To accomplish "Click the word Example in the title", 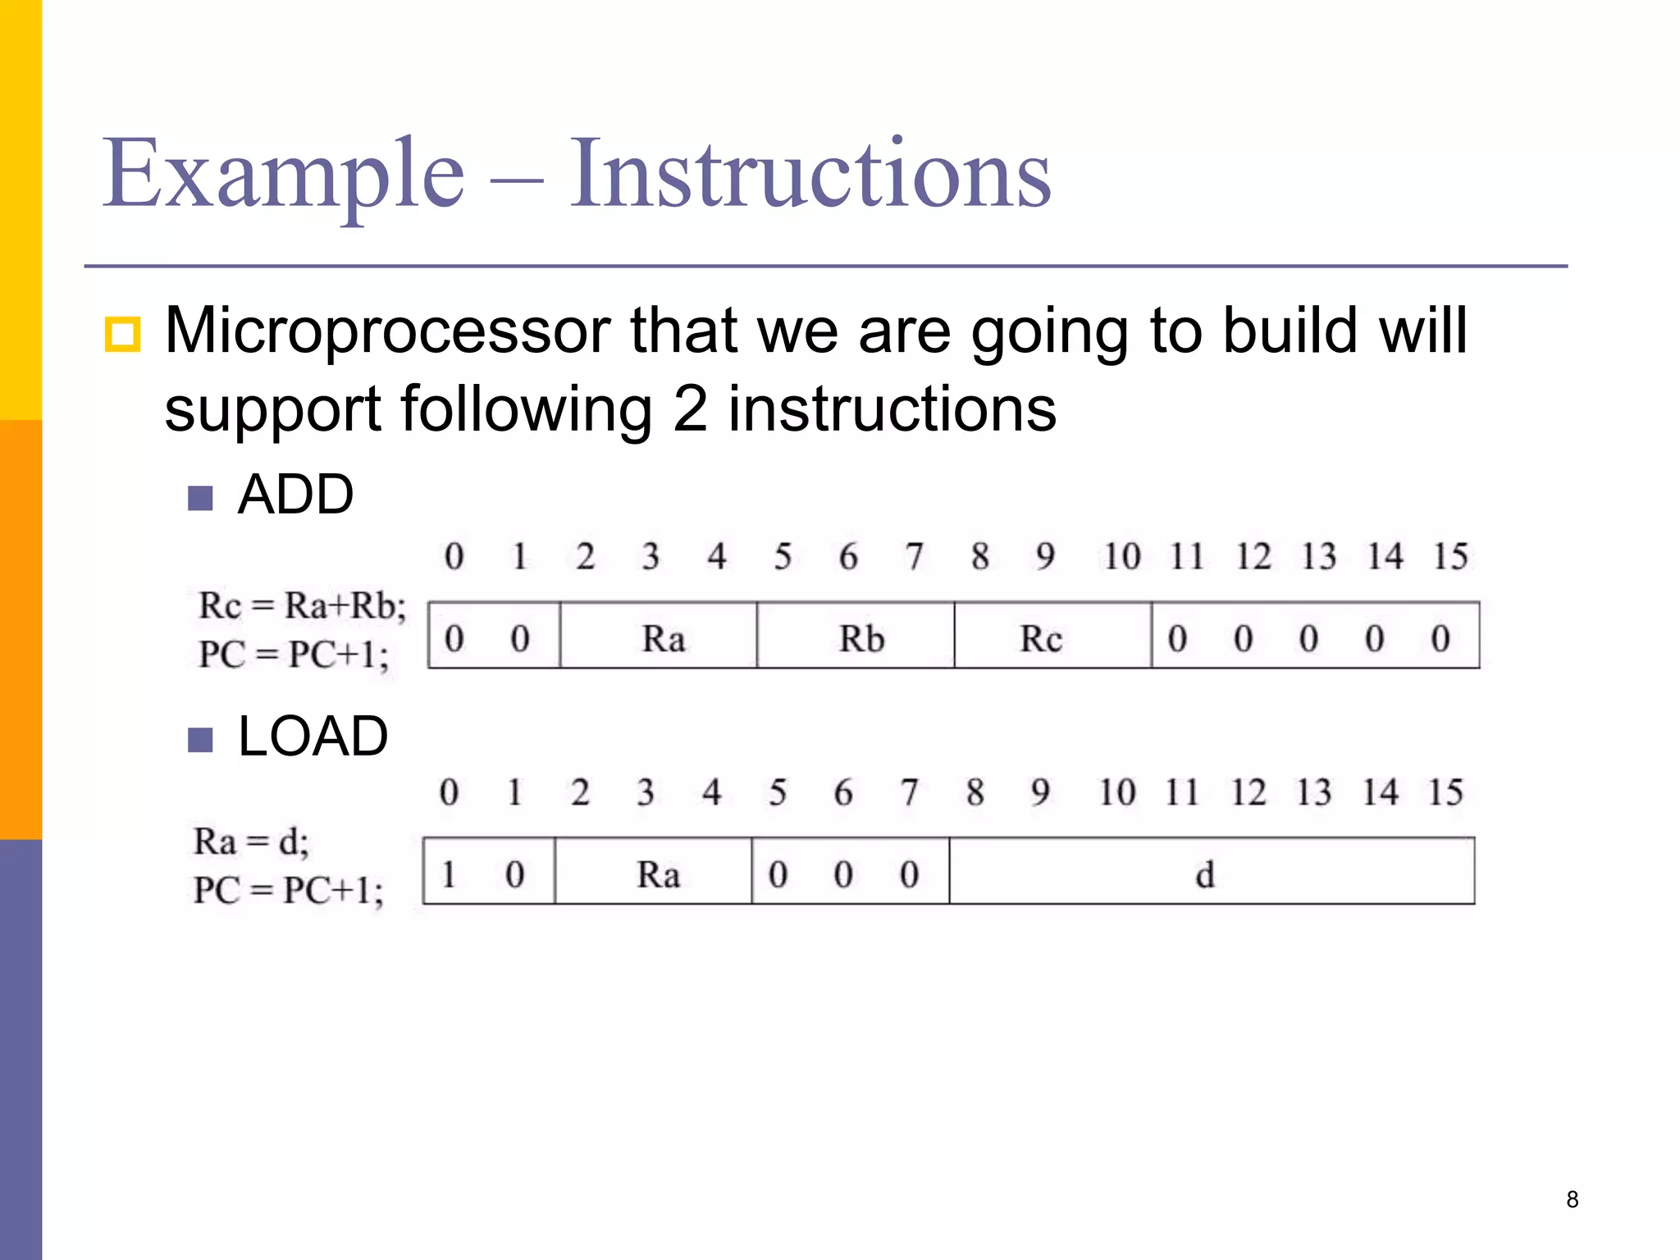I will pyautogui.click(x=283, y=174).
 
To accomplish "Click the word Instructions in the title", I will pyautogui.click(x=810, y=174).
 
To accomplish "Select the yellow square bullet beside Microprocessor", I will pyautogui.click(x=122, y=334).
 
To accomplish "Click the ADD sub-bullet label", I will pyautogui.click(x=295, y=495).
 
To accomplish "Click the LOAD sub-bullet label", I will pyautogui.click(x=313, y=736).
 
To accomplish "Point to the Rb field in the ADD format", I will pyautogui.click(x=861, y=639).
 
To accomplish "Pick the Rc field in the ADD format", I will pyautogui.click(x=1040, y=639).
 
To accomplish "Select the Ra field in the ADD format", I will pyautogui.click(x=663, y=639).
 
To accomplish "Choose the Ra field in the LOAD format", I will pyautogui.click(x=658, y=874).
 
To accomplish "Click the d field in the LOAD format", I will pyautogui.click(x=1204, y=874).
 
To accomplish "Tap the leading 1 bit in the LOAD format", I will pyautogui.click(x=449, y=874).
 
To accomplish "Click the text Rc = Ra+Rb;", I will pyautogui.click(x=302, y=606).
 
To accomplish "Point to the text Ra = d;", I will pyautogui.click(x=251, y=842).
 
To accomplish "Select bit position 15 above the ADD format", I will pyautogui.click(x=1449, y=557).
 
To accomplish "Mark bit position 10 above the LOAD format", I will pyautogui.click(x=1116, y=792).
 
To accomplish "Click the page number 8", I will pyautogui.click(x=1572, y=1199).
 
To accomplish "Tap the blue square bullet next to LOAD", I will pyautogui.click(x=200, y=740).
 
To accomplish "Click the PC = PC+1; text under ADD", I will pyautogui.click(x=294, y=655).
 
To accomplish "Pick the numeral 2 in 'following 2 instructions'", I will pyautogui.click(x=690, y=409).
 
